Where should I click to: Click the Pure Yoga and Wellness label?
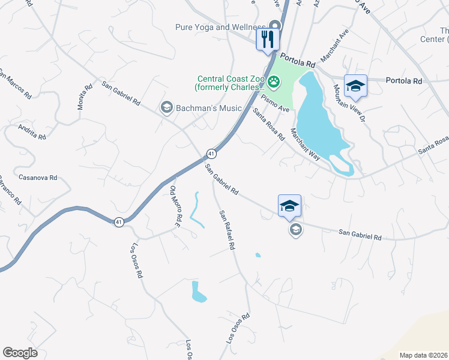[220, 27]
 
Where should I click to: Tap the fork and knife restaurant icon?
[268, 40]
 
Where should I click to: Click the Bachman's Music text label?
[209, 108]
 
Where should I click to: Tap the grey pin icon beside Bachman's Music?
[166, 107]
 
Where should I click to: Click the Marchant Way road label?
[305, 145]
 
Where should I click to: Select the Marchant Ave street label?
[334, 46]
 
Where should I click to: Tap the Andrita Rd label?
[32, 132]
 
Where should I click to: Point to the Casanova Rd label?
[38, 178]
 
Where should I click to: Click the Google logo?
[20, 353]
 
